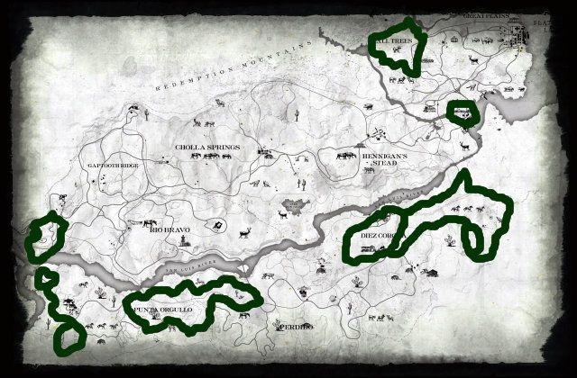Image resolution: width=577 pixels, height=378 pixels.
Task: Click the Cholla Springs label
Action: pyautogui.click(x=207, y=147)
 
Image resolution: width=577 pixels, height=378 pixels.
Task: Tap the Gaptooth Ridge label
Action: pyautogui.click(x=114, y=166)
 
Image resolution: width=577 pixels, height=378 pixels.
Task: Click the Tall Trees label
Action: pyautogui.click(x=395, y=41)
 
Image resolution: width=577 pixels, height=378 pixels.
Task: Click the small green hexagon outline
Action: pyautogui.click(x=463, y=111)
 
